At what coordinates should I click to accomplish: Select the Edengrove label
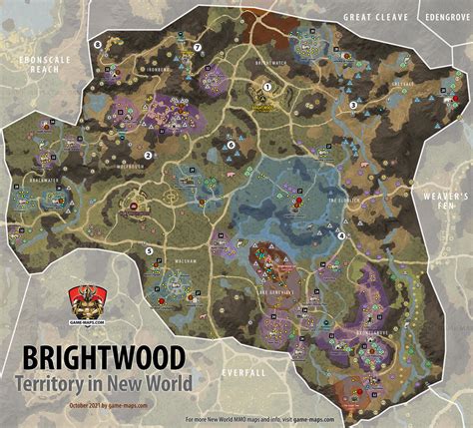pos(445,17)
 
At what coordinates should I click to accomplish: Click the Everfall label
pos(244,371)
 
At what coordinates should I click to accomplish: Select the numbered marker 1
pos(268,88)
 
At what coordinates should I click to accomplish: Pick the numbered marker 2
pos(148,156)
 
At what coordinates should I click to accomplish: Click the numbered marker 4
pos(341,235)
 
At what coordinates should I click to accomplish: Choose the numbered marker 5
pos(150,251)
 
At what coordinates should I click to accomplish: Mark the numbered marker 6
pos(231,145)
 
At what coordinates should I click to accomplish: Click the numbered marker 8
pos(97,45)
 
